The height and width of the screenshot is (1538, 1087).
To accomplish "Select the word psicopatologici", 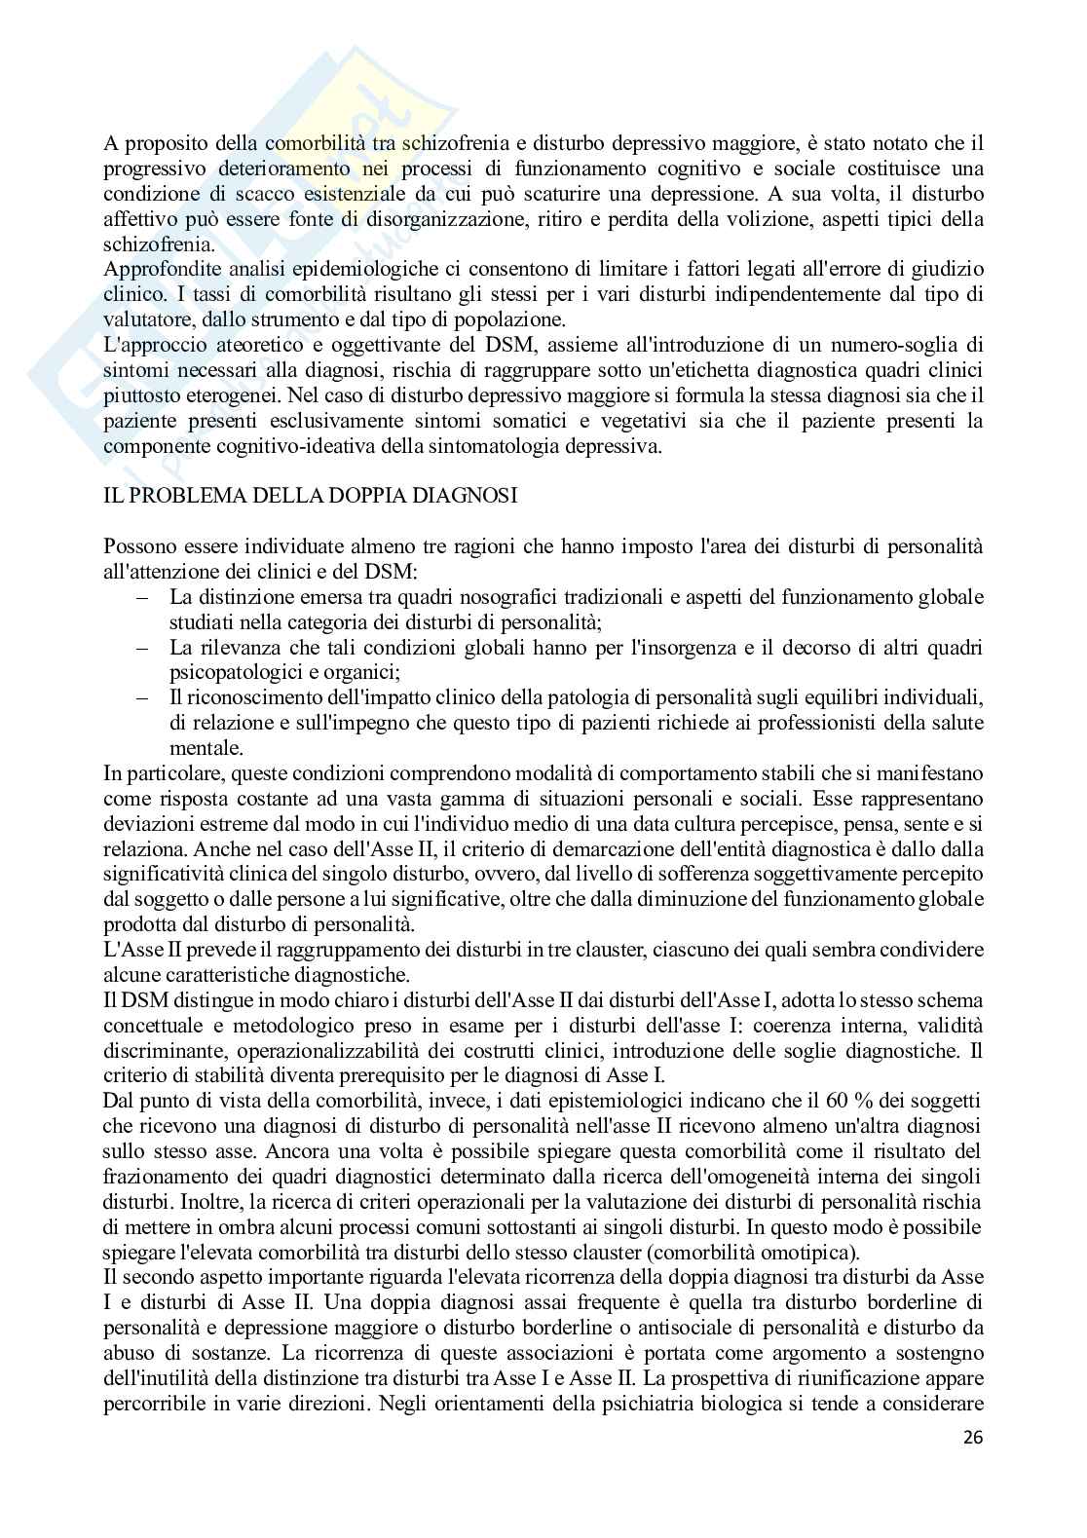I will [x=227, y=672].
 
